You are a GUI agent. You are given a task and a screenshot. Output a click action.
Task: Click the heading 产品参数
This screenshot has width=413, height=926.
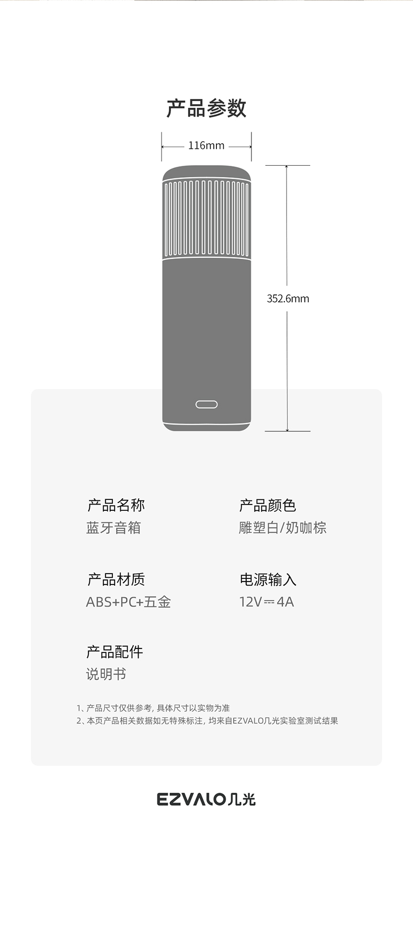(206, 108)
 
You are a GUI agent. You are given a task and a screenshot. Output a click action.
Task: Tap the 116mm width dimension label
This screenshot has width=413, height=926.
(206, 146)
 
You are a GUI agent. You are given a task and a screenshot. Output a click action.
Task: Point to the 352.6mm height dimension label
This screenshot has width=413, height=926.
(288, 299)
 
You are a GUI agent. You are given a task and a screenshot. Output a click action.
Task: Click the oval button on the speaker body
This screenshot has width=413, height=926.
(206, 404)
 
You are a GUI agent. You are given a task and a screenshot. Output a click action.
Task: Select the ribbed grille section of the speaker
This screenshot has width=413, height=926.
(206, 219)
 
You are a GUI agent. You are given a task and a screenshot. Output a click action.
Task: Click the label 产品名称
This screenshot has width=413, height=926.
(116, 505)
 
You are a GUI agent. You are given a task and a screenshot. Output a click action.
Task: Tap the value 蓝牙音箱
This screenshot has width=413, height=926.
(113, 528)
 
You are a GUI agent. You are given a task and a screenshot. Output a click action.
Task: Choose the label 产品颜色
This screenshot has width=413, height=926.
(268, 505)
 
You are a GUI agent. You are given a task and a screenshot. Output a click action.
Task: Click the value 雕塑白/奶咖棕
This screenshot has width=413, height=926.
(282, 528)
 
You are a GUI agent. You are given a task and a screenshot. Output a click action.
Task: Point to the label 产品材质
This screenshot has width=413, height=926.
(116, 579)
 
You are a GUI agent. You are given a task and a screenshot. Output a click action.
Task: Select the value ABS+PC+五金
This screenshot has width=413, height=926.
(128, 602)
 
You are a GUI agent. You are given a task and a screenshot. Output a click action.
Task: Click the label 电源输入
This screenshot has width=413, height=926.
(268, 579)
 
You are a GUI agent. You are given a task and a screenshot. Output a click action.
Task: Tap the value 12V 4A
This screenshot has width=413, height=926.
(267, 602)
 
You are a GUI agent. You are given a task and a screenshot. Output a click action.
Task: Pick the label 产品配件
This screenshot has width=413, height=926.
(114, 652)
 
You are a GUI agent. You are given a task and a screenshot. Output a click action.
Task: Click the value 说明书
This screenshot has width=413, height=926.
(106, 674)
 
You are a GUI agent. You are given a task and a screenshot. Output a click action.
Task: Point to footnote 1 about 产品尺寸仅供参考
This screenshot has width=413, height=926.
(153, 708)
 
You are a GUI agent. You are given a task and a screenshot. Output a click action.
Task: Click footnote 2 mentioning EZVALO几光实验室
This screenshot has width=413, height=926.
(207, 721)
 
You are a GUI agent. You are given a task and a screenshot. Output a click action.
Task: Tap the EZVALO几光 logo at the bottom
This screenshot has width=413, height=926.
(206, 799)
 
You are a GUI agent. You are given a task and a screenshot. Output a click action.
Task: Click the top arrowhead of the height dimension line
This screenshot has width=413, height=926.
(287, 167)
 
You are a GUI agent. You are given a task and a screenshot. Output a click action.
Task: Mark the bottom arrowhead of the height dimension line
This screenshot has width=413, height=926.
(287, 429)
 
